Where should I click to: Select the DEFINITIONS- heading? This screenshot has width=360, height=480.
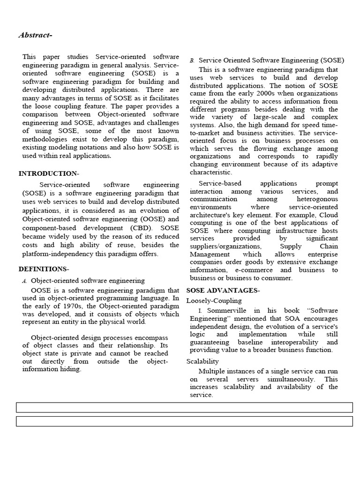click(44, 269)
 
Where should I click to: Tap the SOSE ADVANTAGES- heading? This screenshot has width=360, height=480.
click(223, 291)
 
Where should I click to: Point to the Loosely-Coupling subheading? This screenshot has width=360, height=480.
click(214, 300)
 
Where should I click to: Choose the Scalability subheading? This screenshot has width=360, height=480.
click(203, 361)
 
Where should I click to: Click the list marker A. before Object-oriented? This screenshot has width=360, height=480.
click(25, 281)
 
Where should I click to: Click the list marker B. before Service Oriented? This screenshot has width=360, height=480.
click(192, 61)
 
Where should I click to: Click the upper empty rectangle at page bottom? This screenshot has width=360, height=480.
click(184, 407)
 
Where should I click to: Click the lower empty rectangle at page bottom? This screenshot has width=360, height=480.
click(184, 421)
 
